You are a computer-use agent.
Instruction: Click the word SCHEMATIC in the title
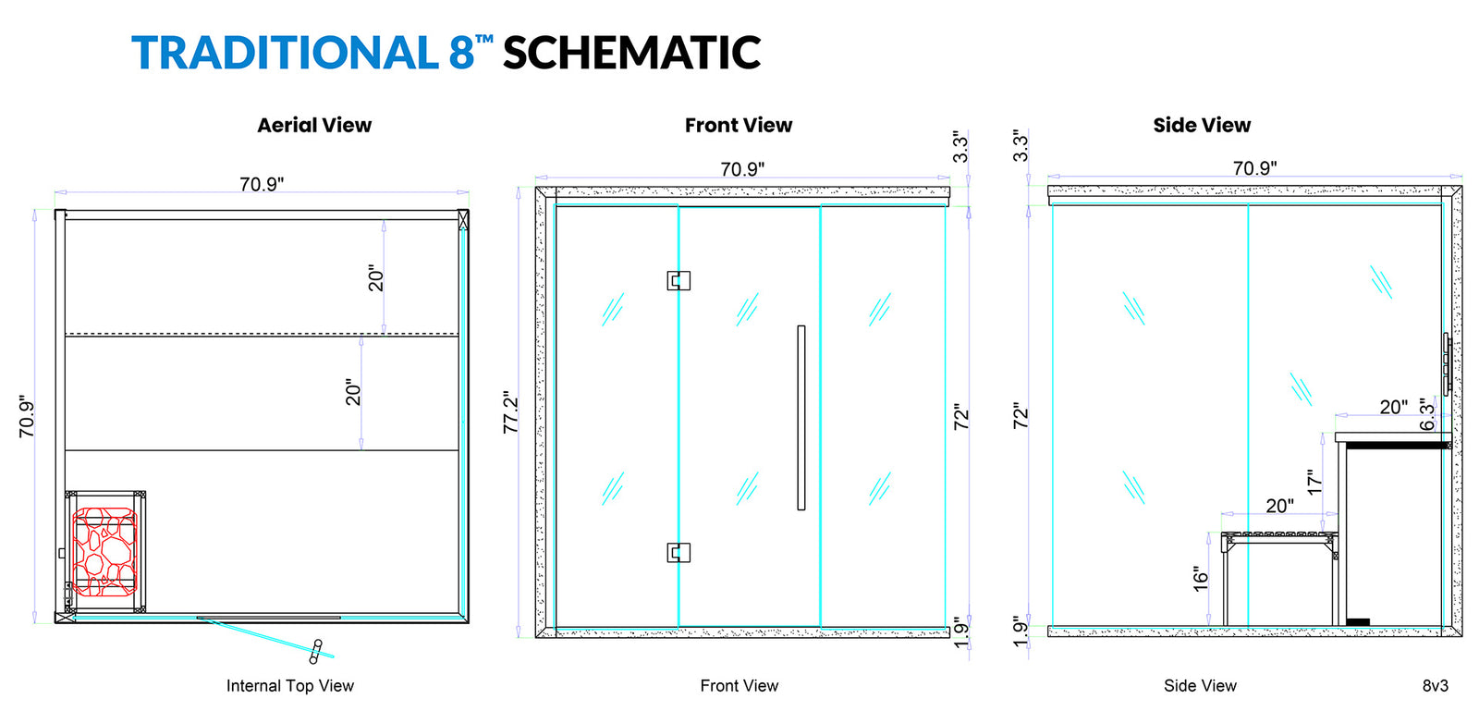(x=632, y=52)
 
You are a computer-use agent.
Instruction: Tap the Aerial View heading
(x=314, y=125)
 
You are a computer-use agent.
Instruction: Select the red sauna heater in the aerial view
(x=104, y=551)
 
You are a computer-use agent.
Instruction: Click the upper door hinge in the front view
(x=678, y=280)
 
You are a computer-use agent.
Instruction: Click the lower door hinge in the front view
(x=678, y=553)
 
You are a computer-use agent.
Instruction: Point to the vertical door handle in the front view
(x=801, y=417)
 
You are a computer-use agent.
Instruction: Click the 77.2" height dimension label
(x=511, y=412)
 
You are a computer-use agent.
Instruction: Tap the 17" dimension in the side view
(x=1314, y=482)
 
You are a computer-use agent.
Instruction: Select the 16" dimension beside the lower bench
(x=1201, y=579)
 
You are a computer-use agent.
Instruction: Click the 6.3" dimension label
(x=1427, y=414)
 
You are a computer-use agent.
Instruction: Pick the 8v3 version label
(x=1436, y=686)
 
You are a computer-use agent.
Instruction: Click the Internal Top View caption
(x=290, y=686)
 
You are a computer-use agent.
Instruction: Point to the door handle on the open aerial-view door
(x=315, y=651)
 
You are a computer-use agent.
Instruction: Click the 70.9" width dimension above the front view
(x=742, y=169)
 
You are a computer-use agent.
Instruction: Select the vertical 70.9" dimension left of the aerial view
(x=26, y=417)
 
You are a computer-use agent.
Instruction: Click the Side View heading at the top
(x=1202, y=125)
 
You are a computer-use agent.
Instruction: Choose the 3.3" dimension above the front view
(x=960, y=147)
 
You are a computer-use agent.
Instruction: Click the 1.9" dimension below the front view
(x=961, y=633)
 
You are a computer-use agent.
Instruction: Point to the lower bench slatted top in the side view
(x=1279, y=535)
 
